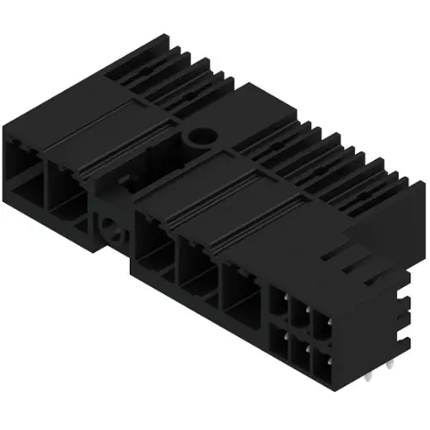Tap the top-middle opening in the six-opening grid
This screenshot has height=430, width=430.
coord(300,310)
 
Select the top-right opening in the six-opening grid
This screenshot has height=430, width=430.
coord(321,321)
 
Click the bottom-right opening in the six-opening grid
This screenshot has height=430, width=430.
coord(321,357)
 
